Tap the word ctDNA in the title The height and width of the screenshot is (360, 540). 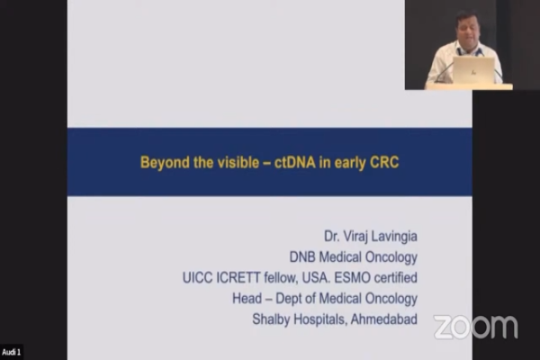[x=295, y=162]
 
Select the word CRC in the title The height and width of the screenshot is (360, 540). [x=384, y=162]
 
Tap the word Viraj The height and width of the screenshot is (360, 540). [x=352, y=237]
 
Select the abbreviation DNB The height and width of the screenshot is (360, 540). [x=302, y=257]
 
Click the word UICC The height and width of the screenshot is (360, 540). [x=197, y=278]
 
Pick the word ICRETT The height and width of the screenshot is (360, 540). [x=238, y=278]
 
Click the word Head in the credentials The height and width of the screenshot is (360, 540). [x=247, y=298]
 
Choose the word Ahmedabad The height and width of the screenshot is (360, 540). [x=384, y=319]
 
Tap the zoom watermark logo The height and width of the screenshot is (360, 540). [x=475, y=327]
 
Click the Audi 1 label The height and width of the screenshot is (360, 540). [x=12, y=353]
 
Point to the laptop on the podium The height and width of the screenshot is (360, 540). [x=473, y=70]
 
